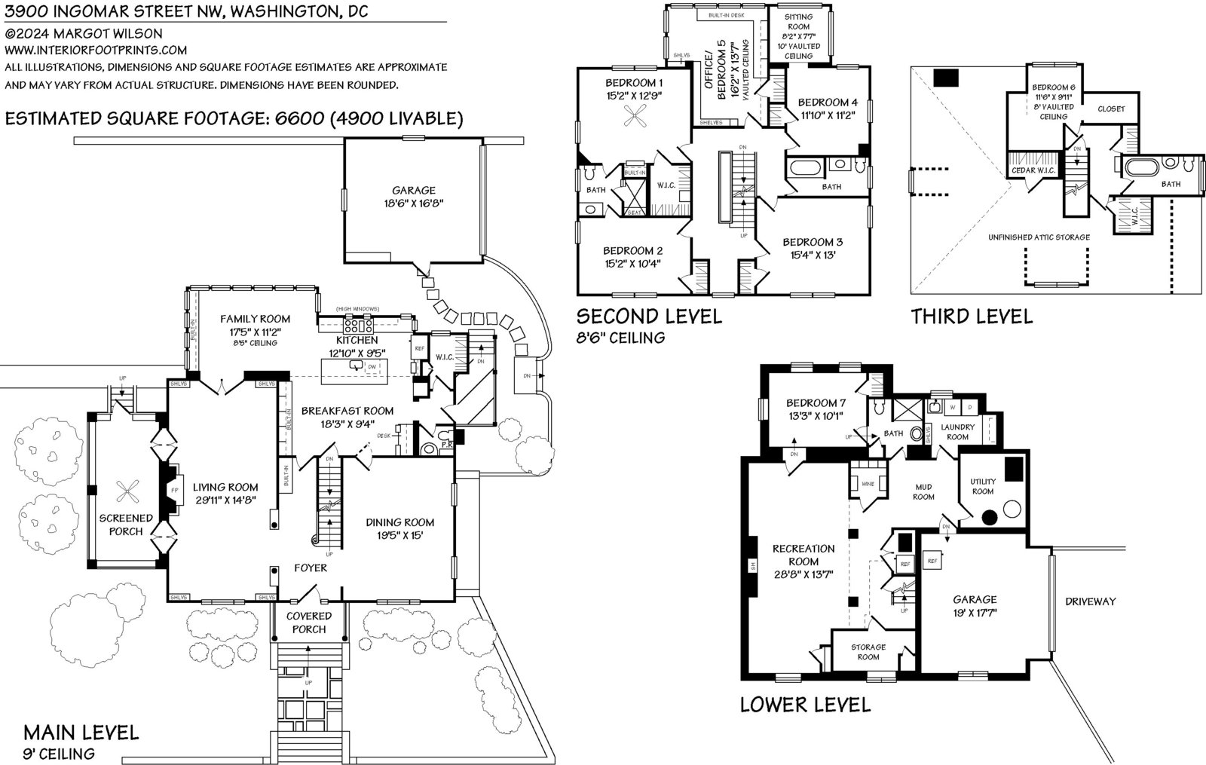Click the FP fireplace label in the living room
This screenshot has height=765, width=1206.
tap(174, 491)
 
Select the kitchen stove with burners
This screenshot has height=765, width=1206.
tap(358, 326)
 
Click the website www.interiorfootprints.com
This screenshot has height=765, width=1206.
tap(96, 50)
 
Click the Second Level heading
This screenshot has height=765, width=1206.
tap(649, 316)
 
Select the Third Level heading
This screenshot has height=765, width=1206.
tap(972, 317)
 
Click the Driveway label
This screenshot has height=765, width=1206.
tap(1090, 601)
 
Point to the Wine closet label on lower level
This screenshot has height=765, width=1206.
tap(867, 483)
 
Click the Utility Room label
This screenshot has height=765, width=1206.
tap(983, 486)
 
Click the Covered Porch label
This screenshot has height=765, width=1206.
tap(309, 623)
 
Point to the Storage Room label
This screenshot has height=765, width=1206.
tap(868, 652)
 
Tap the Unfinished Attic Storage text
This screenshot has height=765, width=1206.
tap(1039, 237)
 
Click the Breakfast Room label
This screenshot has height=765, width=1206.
tap(347, 411)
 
